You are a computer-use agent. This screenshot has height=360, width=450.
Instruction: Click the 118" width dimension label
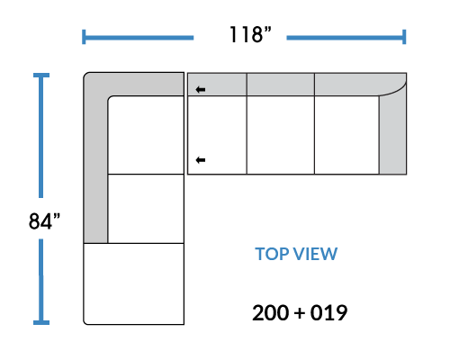pos(250,34)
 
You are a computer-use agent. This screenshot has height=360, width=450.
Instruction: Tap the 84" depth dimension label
pos(44,221)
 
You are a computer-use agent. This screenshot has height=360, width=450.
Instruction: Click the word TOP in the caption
pos(272,254)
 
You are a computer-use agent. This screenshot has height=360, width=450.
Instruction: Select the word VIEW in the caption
pos(315,254)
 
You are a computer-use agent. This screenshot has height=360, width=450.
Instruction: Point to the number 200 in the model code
pos(271,313)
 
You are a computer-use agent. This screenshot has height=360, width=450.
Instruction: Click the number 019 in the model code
pos(328,313)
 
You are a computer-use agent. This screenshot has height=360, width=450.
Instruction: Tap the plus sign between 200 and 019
pos(300,313)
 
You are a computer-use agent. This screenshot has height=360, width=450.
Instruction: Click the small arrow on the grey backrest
pos(201,89)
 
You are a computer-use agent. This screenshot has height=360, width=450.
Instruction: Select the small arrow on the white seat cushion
pos(201,160)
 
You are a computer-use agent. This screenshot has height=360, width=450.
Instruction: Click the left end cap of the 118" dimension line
pos(84,37)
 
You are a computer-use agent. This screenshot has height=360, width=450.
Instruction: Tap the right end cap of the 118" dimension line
pos(404,37)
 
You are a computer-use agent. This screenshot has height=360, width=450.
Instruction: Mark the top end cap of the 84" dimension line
pos(41,75)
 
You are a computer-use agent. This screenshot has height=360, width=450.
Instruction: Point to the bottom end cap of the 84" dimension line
pos(41,322)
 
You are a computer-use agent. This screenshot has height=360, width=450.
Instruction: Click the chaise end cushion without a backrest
pos(134,283)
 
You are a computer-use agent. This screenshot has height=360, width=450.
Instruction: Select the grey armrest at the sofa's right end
pos(393,134)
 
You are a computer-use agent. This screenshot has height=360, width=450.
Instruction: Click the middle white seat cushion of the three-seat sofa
pos(281,135)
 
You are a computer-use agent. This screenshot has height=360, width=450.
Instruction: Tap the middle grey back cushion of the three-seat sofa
pos(281,85)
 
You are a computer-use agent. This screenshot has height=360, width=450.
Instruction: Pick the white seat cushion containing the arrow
pos(217,135)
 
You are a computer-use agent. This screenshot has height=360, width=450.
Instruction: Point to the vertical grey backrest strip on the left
pos(95,168)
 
